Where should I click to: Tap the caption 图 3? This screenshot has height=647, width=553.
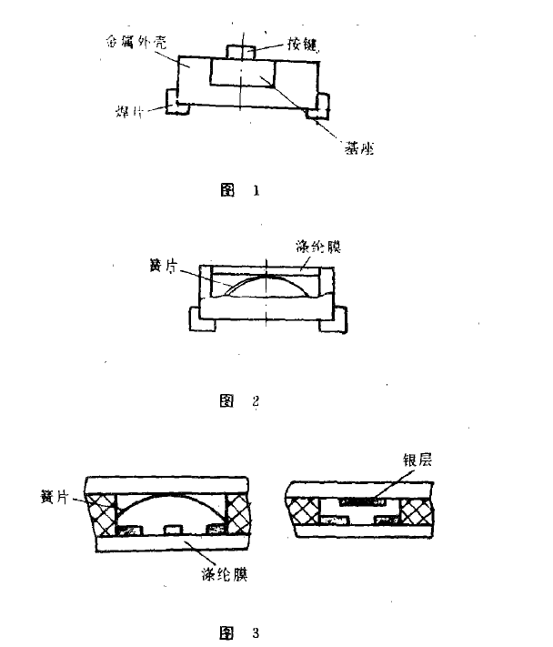[x=240, y=629]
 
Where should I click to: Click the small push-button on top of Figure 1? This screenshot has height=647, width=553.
[x=241, y=52]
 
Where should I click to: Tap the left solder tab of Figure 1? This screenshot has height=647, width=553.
[x=176, y=106]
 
